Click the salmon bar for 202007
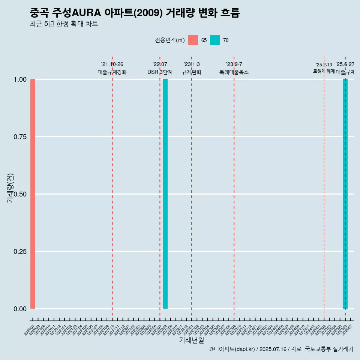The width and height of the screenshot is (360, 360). [33, 194]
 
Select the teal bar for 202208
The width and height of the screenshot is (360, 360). [165, 194]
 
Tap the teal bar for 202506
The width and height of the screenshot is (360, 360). [345, 194]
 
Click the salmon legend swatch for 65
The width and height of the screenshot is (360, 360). [193, 40]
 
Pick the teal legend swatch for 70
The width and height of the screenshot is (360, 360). [215, 40]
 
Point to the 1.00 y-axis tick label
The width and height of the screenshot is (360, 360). [20, 79]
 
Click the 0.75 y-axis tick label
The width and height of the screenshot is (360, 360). [20, 137]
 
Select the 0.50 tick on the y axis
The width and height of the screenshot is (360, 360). [20, 194]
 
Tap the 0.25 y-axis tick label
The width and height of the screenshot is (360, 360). [20, 252]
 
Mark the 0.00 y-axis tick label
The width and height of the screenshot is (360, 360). [20, 309]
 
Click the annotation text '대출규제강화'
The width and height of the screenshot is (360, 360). [112, 72]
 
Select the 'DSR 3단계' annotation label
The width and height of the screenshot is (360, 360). [160, 72]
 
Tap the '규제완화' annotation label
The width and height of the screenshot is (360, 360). [192, 72]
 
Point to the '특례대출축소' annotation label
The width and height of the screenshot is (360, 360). [234, 72]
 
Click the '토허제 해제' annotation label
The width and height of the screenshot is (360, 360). [324, 71]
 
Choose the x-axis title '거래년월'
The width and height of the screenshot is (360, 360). [192, 340]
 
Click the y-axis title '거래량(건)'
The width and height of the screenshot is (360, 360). [10, 187]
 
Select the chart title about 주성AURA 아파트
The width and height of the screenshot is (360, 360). [134, 13]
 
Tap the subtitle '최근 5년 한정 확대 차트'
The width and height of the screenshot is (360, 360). [64, 24]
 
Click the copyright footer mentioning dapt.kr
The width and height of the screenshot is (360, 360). [281, 349]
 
